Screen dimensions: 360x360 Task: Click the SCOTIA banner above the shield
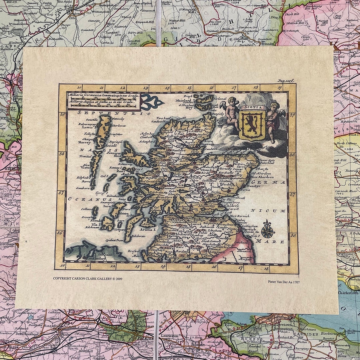[252, 108]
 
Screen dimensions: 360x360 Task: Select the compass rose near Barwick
[267, 229]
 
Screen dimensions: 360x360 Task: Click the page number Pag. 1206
[286, 81]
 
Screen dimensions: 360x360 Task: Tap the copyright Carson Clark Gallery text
[88, 278]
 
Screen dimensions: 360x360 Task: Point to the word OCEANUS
[81, 199]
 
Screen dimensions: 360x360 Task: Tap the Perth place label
[197, 197]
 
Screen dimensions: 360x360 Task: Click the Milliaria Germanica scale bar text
[101, 95]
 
